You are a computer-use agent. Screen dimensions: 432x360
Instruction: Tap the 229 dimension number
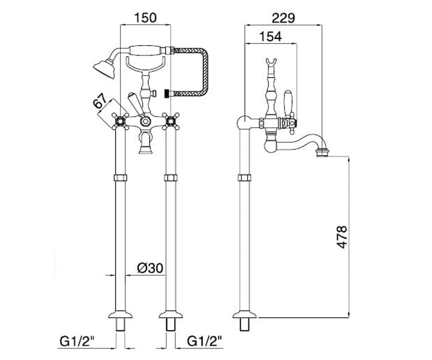[283, 18]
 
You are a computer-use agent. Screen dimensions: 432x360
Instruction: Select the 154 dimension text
[270, 37]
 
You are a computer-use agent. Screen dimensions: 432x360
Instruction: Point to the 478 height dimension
[342, 237]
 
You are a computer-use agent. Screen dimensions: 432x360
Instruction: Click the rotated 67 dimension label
[100, 102]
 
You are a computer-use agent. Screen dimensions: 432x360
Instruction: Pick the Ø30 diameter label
[150, 268]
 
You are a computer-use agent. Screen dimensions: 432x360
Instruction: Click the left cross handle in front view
[120, 121]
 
